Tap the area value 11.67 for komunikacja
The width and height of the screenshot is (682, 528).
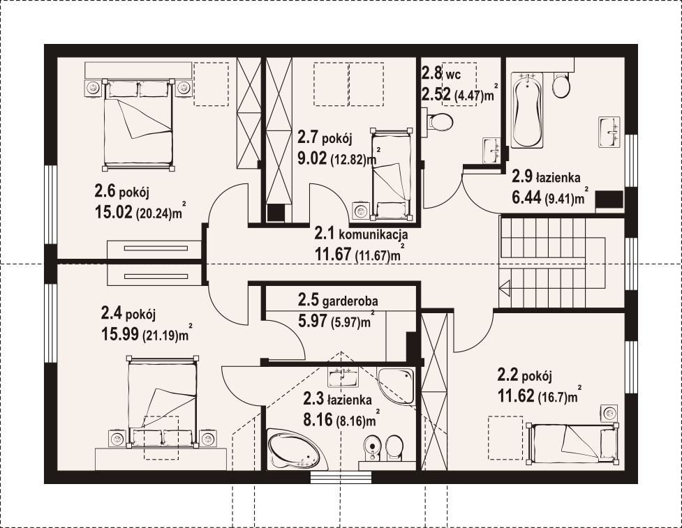pos(333,254)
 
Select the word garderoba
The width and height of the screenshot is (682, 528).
pos(350,301)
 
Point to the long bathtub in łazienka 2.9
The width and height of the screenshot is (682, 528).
pos(528,110)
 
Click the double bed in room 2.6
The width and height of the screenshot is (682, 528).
pos(138,124)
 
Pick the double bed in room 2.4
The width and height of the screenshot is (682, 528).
pos(162,402)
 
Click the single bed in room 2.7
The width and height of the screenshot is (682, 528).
pos(391,172)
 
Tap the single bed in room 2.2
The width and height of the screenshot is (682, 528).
pos(572,444)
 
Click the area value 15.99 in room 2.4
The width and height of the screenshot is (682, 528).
pos(120,333)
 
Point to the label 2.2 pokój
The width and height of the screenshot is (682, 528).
pos(524,374)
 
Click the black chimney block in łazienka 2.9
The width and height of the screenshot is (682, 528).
pos(609,199)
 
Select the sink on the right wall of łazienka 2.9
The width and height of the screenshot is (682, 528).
pos(611,132)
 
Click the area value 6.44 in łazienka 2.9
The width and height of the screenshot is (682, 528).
pos(526,197)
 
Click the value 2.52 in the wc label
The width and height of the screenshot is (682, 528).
pos(436,94)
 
